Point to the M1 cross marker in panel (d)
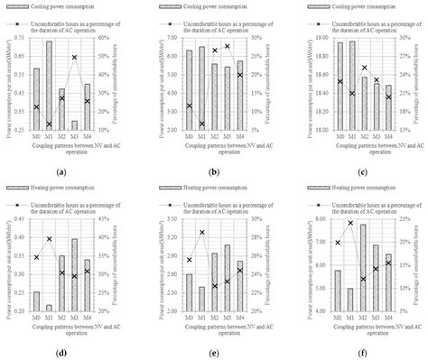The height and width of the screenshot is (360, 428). [49, 239]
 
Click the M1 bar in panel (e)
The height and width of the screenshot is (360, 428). [201, 299]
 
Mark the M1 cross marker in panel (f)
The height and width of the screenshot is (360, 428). [325, 223]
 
